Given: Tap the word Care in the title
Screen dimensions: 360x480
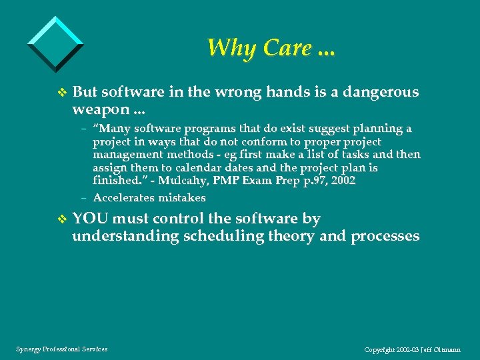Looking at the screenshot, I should [288, 48].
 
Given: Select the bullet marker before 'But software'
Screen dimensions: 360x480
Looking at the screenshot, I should [62, 93].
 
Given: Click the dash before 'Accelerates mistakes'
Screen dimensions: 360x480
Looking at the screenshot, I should [85, 198].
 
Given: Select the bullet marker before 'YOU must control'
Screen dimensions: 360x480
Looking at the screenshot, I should [62, 219].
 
